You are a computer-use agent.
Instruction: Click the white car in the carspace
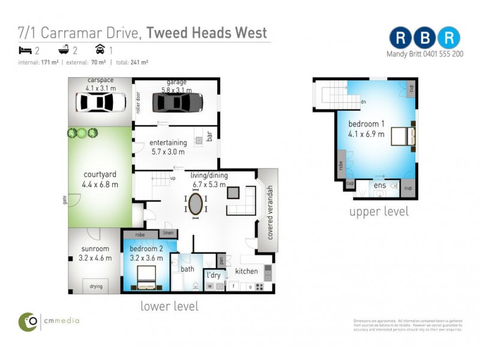coord(100,102)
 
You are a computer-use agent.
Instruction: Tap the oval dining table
coord(196,204)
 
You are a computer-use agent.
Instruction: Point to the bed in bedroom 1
coord(401,137)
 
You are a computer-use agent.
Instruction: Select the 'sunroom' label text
coord(95,249)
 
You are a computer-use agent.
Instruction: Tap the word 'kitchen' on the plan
coord(246,271)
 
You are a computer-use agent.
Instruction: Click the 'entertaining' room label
coord(169,142)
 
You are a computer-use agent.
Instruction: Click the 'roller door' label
coord(138,103)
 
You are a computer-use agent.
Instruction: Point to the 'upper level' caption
coord(379,211)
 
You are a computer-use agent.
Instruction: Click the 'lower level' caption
coord(169,306)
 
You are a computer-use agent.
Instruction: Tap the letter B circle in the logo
coord(425,37)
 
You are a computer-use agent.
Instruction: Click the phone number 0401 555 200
coord(441,53)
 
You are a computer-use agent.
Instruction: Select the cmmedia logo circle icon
coord(28,322)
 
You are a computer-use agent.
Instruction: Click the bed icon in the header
coord(25,50)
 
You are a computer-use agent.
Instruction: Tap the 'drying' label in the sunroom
coord(96,286)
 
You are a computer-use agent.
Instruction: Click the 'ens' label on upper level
coord(380,186)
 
